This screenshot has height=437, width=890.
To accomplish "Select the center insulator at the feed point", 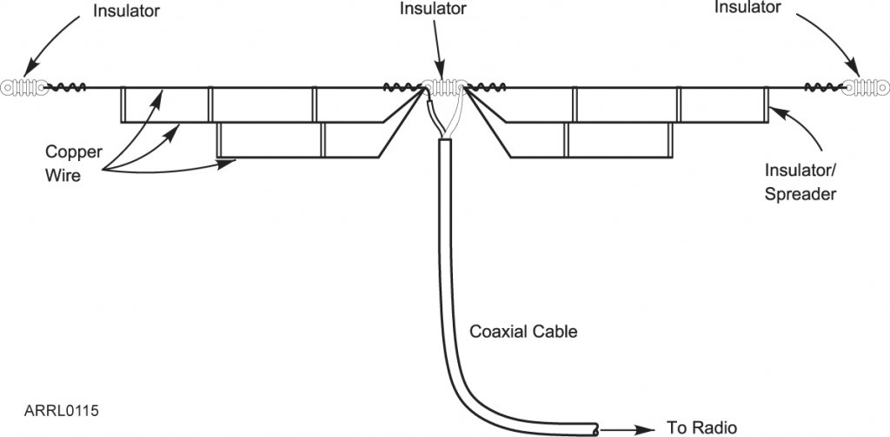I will [x=444, y=87].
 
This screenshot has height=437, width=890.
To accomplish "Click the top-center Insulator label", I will [x=432, y=9].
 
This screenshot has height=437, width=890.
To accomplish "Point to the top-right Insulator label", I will [x=748, y=8].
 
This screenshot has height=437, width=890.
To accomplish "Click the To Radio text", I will [x=701, y=427].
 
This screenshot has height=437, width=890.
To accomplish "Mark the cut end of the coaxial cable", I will [x=594, y=427].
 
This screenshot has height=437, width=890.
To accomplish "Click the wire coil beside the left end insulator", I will [x=68, y=87].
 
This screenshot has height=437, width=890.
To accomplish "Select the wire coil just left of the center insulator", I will [x=402, y=87].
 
